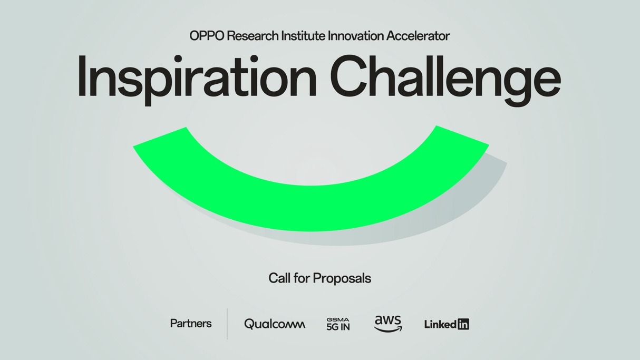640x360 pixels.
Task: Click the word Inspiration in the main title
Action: click(x=197, y=77)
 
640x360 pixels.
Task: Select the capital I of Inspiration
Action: click(x=82, y=76)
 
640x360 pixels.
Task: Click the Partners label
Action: click(x=191, y=324)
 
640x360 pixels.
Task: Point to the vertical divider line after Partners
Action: click(x=227, y=324)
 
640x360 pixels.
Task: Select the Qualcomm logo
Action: click(x=275, y=324)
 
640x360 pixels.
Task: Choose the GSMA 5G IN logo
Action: click(x=338, y=324)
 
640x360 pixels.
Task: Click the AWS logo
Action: click(x=388, y=324)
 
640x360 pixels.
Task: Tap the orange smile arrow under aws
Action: click(x=389, y=330)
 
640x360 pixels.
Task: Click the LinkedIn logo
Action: click(x=447, y=324)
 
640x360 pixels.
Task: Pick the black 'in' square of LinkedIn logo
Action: click(x=463, y=324)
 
